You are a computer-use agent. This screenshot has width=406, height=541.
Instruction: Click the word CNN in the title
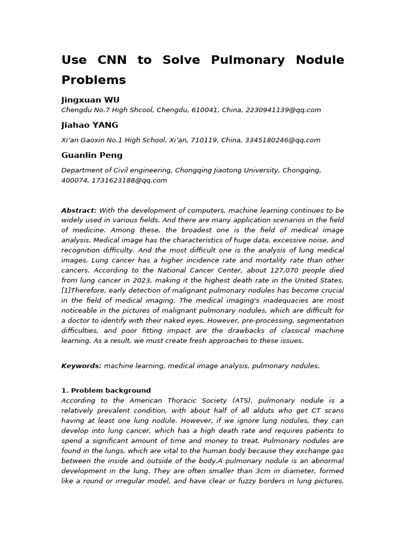112,60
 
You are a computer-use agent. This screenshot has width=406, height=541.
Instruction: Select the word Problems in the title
94,80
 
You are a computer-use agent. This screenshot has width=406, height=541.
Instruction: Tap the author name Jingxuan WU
90,100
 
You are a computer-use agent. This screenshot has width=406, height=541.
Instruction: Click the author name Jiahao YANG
90,125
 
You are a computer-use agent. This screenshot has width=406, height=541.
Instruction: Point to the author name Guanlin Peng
92,155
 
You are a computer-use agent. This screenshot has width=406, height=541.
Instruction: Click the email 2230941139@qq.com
283,110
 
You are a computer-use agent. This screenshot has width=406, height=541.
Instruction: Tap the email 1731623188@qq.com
129,181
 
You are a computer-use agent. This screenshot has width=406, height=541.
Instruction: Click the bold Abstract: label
79,210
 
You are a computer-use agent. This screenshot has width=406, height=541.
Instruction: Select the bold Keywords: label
81,366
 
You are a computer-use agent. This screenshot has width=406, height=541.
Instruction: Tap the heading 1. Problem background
106,390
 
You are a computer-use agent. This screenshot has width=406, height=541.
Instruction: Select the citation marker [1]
66,291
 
